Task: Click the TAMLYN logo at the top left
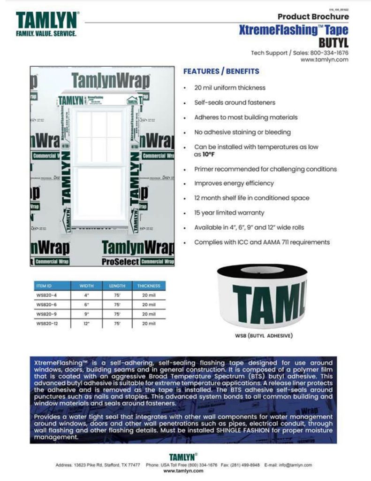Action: (x=47, y=20)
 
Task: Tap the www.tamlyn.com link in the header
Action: (x=324, y=60)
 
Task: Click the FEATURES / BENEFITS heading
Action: (x=221, y=71)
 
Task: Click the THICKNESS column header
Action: (x=149, y=286)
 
